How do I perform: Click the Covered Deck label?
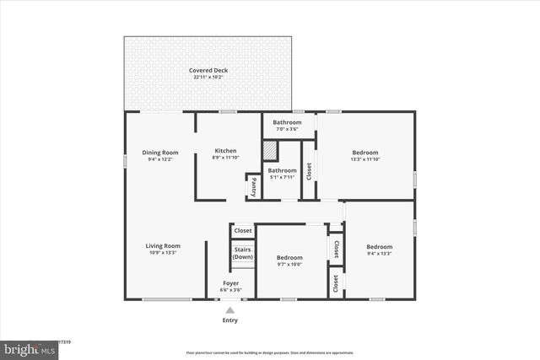click(208, 70)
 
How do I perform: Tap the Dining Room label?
click(159, 152)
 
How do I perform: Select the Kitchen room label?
click(224, 151)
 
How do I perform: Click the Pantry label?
click(252, 186)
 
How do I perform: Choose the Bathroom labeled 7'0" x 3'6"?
click(287, 122)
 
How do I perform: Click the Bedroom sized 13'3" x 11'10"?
click(366, 152)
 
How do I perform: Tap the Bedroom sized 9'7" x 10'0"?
click(289, 258)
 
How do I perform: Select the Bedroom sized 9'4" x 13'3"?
click(379, 247)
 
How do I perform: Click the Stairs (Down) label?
click(243, 253)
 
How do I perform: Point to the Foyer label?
click(230, 283)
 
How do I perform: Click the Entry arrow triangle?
click(229, 310)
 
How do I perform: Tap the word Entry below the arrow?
click(229, 320)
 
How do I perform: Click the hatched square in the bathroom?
click(269, 151)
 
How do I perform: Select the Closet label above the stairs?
click(243, 231)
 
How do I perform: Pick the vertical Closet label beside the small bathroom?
click(309, 171)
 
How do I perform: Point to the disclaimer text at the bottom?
click(270, 352)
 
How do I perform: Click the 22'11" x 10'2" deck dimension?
click(208, 77)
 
